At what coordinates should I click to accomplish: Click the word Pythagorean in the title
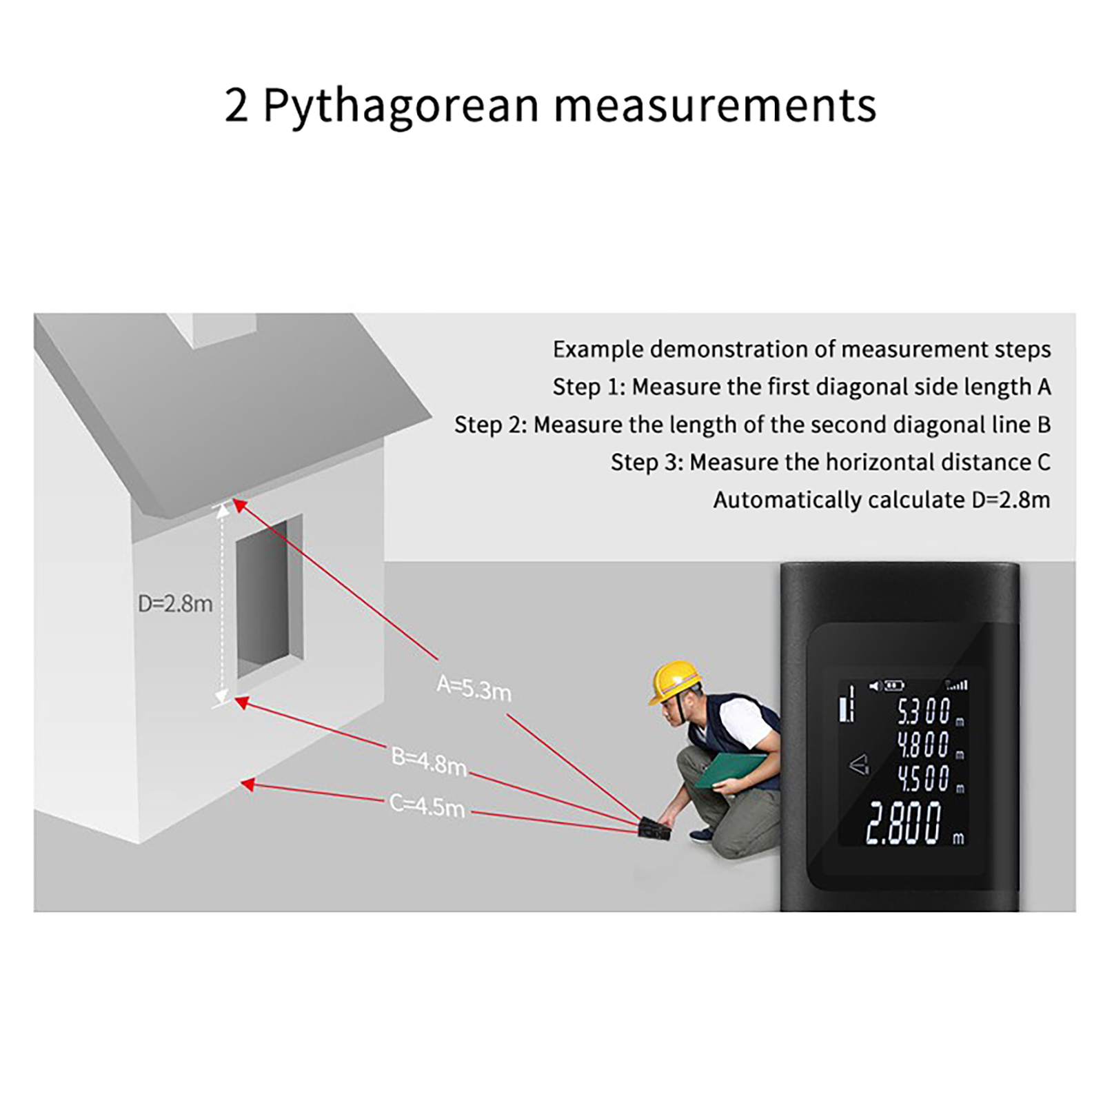[401, 105]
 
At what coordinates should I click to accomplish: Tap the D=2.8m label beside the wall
[175, 604]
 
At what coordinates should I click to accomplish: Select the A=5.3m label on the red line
[474, 688]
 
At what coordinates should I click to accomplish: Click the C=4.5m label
[427, 805]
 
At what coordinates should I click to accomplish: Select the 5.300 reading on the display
[924, 711]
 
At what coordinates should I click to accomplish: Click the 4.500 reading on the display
[924, 778]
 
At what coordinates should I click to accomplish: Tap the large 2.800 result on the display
[904, 822]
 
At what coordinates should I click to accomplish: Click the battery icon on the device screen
[894, 685]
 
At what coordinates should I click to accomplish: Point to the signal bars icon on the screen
[957, 685]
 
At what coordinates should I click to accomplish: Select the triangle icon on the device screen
[859, 765]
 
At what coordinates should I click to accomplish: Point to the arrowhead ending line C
[247, 784]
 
